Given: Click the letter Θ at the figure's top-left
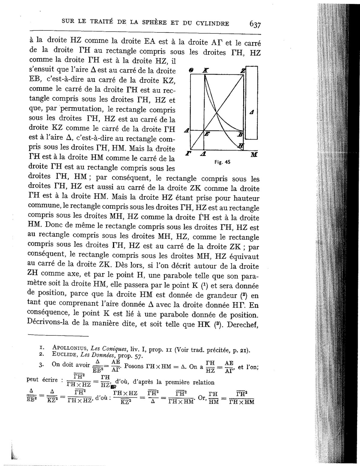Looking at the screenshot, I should tap(190, 71).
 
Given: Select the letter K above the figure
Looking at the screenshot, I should tap(205, 71).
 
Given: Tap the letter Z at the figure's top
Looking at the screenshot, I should tap(243, 71).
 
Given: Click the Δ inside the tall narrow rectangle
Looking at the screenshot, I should tap(252, 113).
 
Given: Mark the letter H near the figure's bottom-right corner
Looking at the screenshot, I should tap(241, 146).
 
